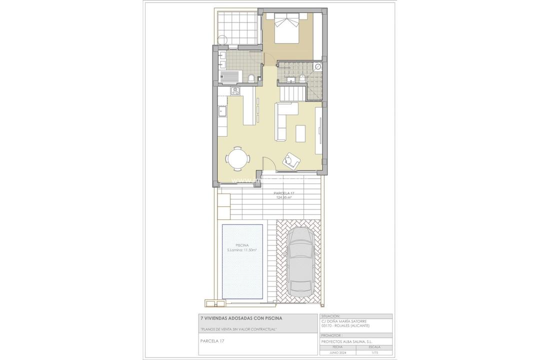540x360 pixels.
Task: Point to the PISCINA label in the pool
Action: (x=242, y=245)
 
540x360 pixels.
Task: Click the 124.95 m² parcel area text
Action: (x=284, y=197)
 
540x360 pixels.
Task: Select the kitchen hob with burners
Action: (x=234, y=91)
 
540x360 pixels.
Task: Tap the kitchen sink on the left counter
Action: (x=222, y=110)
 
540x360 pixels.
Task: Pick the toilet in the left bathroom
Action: (x=251, y=77)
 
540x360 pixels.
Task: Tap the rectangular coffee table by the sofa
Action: (x=301, y=133)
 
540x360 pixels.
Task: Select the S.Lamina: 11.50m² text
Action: (x=242, y=250)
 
